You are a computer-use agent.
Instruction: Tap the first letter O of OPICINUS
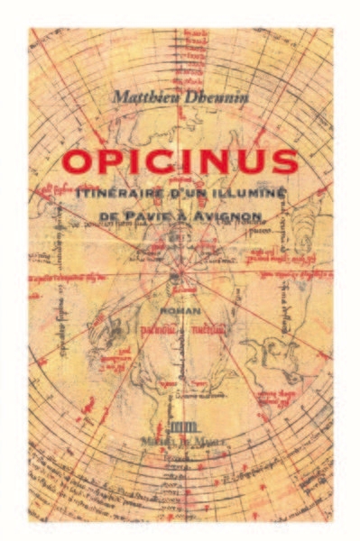click(78, 162)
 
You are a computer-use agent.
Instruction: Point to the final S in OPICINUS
click(284, 162)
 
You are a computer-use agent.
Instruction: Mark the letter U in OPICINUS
click(253, 162)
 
